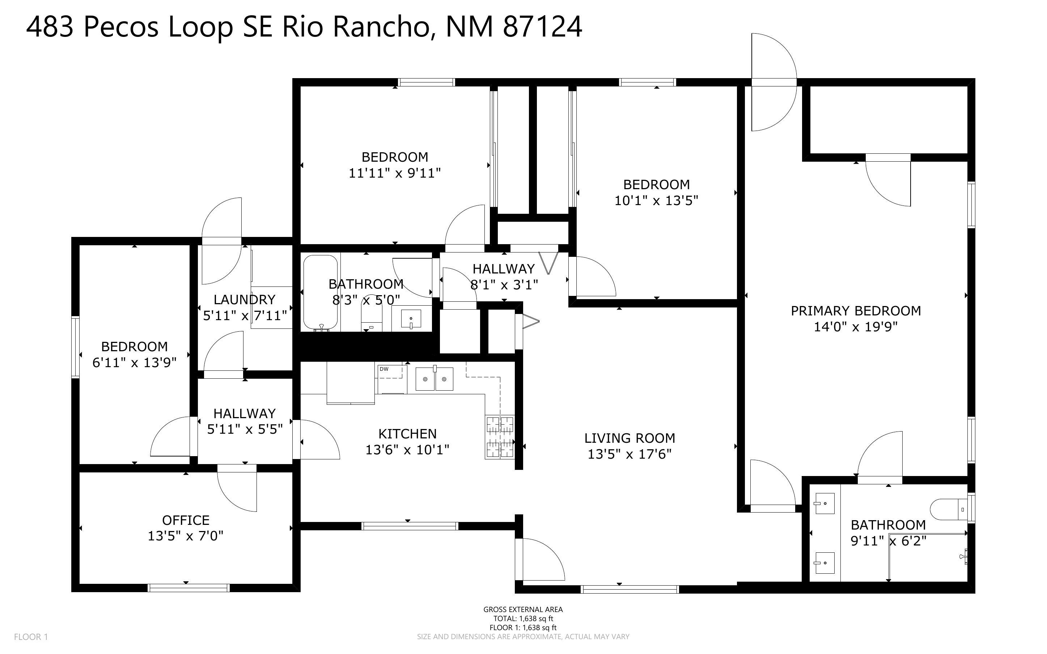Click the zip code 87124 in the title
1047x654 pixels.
coord(542,27)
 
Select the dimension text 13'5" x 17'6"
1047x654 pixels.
coord(629,454)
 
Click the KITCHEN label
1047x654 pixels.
coord(407,433)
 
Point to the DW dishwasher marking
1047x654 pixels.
coord(383,369)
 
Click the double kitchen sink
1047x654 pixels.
coord(434,379)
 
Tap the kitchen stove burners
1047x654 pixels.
coord(500,437)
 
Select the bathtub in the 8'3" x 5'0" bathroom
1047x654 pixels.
coord(320,293)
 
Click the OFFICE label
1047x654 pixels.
coord(186,520)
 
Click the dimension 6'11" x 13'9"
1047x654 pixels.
coord(134,362)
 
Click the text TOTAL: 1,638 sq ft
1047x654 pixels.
coord(523,619)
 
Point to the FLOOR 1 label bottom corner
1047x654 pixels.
coord(31,637)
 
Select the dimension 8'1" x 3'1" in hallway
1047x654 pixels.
coord(504,285)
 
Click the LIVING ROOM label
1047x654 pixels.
coord(629,438)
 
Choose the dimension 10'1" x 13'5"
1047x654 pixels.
coord(656,201)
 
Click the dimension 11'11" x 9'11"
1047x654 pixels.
coord(394,173)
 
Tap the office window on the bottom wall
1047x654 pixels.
coord(188,587)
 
